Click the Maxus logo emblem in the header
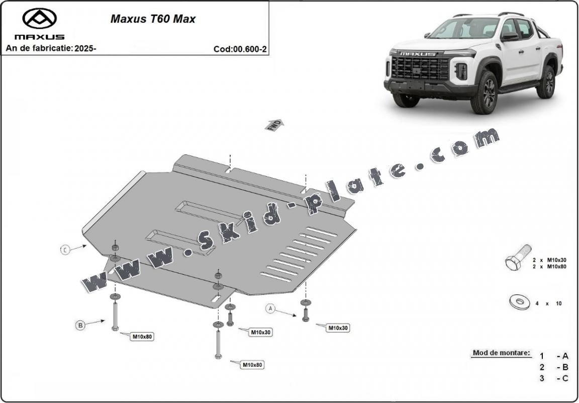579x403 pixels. coord(39,19)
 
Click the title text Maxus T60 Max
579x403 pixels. coord(153,20)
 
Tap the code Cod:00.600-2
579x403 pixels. coord(240,49)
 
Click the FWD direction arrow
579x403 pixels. coord(274,125)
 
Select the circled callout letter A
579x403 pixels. coord(271,308)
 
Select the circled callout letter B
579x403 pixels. coord(80,326)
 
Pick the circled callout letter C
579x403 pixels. coord(65,250)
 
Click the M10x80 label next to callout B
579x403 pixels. coord(142,337)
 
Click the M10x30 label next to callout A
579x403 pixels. coord(338,328)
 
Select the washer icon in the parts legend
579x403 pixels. coord(519,302)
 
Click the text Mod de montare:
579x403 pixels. coord(501,353)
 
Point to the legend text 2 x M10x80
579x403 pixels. coord(549,266)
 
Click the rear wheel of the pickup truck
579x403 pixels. coord(546,82)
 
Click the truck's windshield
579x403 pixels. coord(464,29)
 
